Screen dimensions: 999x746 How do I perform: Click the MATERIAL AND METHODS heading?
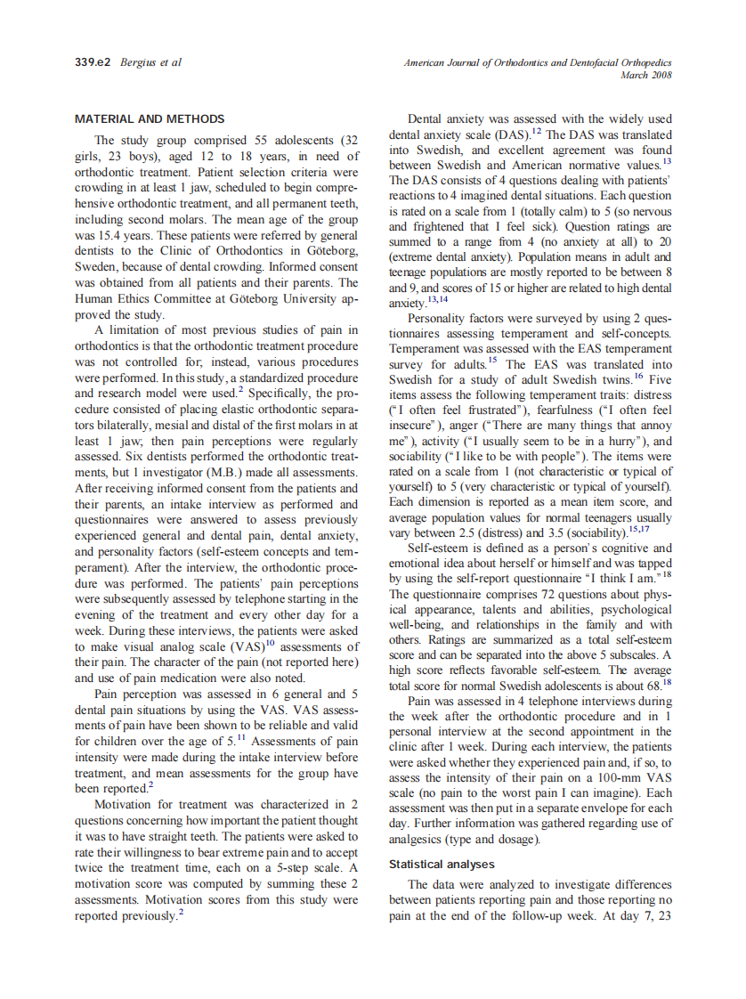pos(150,118)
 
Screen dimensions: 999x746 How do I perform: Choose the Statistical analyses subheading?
pos(442,864)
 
